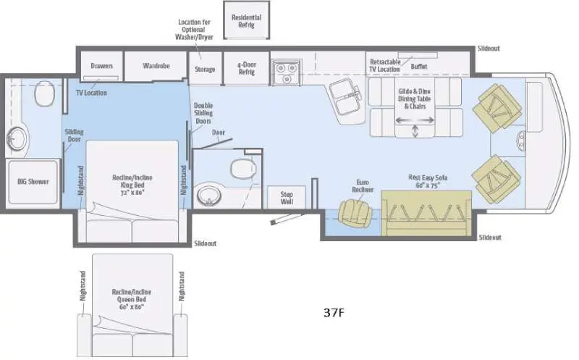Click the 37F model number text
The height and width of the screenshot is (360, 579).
coord(334,313)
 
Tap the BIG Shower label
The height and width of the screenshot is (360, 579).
coord(33,182)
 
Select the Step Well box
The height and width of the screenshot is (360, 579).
coord(287,198)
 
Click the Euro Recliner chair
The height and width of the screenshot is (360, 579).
coord(355,213)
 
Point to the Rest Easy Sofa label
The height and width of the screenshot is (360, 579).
coord(428,182)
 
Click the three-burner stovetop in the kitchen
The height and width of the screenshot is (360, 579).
coord(287,73)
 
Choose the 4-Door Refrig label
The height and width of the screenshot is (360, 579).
coord(246,68)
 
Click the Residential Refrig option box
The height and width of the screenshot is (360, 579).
coord(246,20)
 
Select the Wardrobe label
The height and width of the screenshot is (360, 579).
coord(156,66)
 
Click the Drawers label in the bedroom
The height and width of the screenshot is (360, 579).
coord(101,66)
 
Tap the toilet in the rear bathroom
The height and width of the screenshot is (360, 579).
coord(44,94)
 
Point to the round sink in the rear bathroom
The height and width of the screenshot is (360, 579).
coord(16,139)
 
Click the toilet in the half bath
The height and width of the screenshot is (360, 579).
coord(243,168)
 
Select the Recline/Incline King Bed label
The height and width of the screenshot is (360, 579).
coord(132,185)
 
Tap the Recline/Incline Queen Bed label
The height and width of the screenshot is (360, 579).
coord(132,299)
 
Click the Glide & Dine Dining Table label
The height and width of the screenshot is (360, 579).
coord(414,99)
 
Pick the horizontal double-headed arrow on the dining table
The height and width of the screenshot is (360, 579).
coord(415,120)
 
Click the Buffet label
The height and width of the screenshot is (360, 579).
coord(419,67)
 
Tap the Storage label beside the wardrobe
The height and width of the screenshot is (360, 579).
coord(205,69)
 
